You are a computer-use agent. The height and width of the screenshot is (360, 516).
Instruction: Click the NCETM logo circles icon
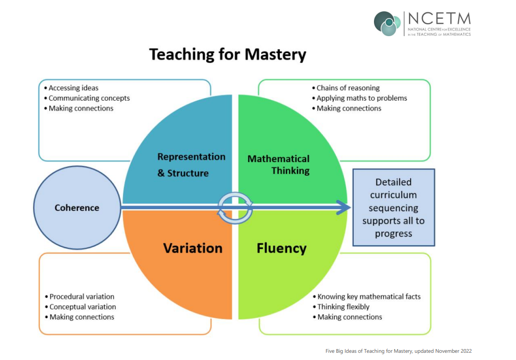point(387,24)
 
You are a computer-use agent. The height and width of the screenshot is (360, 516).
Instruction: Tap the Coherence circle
point(77,208)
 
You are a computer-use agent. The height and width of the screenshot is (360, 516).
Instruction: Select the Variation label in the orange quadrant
point(193,248)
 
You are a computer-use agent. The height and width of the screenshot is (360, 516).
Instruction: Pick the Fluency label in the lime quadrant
point(282,248)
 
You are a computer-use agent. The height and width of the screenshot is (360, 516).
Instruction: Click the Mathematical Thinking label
point(278,165)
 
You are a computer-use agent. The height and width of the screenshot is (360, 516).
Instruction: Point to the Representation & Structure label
point(191,165)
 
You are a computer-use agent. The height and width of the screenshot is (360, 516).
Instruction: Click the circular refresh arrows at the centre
point(235,208)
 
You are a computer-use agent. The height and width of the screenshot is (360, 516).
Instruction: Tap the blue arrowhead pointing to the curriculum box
point(343,208)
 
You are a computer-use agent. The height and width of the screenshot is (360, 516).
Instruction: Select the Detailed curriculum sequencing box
point(394,208)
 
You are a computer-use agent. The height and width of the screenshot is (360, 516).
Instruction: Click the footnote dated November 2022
point(399,351)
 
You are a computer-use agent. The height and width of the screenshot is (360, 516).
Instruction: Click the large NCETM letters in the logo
point(440,19)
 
